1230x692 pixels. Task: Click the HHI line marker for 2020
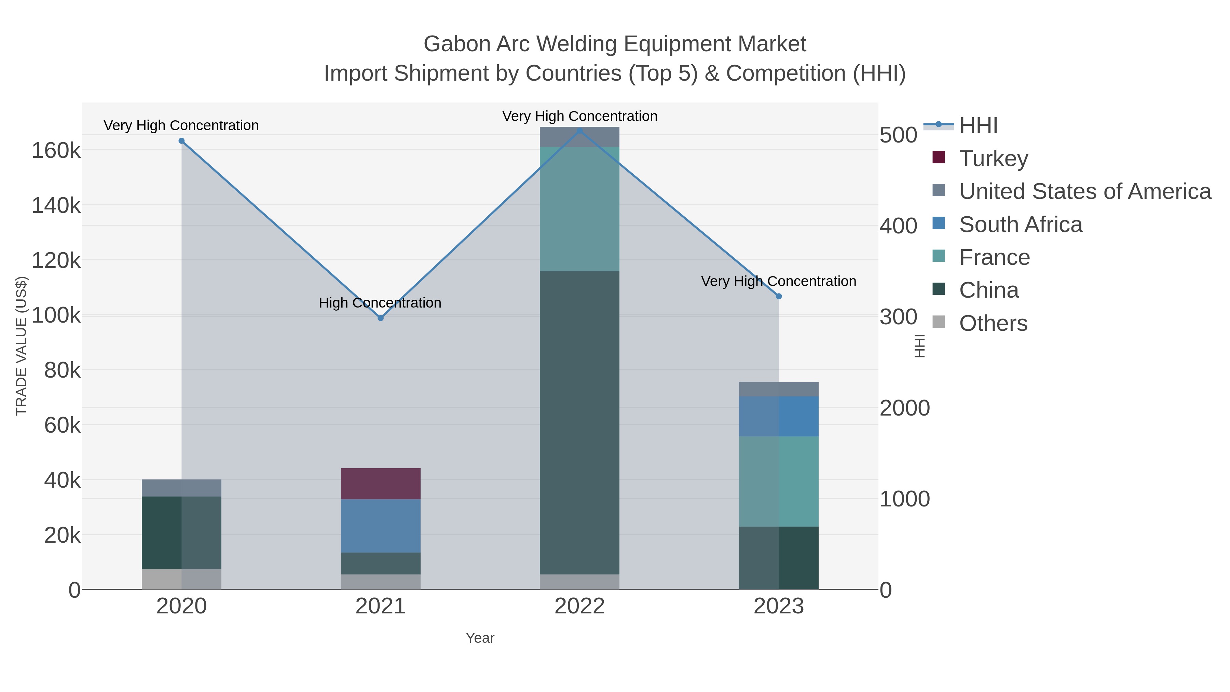pyautogui.click(x=181, y=141)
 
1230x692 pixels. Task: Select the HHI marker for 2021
pyautogui.click(x=381, y=318)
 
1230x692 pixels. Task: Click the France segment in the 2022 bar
pyautogui.click(x=579, y=209)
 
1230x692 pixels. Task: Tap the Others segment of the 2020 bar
pyautogui.click(x=181, y=579)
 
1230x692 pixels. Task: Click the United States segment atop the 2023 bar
pyautogui.click(x=779, y=389)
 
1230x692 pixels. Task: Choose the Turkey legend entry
pyautogui.click(x=993, y=159)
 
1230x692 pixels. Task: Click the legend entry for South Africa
pyautogui.click(x=1020, y=225)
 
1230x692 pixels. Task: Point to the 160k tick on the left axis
pyautogui.click(x=56, y=151)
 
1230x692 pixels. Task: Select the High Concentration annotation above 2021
pyautogui.click(x=380, y=303)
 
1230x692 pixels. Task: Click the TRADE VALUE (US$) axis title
pyautogui.click(x=22, y=346)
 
